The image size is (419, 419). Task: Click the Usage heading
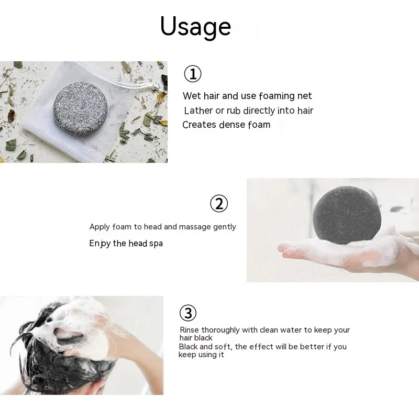tap(195, 26)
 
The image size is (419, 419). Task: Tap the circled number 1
tap(193, 74)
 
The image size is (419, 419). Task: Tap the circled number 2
tap(219, 203)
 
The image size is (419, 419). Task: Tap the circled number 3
tap(188, 313)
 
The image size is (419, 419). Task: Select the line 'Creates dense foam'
tap(226, 125)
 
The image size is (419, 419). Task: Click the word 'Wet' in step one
tap(191, 96)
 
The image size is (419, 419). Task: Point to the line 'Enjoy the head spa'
tap(126, 244)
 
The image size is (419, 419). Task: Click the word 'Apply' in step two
tap(99, 227)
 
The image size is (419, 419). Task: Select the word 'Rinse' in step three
tap(189, 330)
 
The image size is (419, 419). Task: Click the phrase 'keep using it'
tap(202, 355)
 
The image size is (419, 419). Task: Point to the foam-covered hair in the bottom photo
tap(79, 330)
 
